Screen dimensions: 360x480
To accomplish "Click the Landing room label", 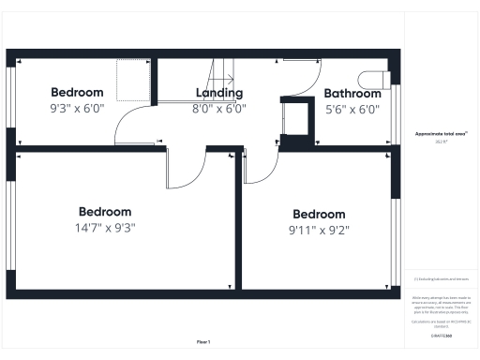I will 219,93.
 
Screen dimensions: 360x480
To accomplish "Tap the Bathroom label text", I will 352,94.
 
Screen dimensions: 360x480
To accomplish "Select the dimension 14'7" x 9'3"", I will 105,227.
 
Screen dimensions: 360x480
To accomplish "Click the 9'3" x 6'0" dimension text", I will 77,108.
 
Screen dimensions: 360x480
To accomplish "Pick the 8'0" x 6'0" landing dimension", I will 219,108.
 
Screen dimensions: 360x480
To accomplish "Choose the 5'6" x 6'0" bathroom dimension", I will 352,109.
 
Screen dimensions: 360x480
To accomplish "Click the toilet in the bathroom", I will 374,79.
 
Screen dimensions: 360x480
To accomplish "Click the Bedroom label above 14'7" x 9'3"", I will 105,212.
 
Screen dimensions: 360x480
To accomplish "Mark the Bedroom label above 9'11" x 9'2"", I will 319,214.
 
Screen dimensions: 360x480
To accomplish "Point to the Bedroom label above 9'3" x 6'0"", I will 77,93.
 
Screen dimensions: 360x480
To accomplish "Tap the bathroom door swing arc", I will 300,77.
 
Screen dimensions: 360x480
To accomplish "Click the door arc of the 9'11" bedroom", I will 261,167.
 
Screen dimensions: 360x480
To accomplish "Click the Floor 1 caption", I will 203,341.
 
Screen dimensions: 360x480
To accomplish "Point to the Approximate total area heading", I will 441,135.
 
